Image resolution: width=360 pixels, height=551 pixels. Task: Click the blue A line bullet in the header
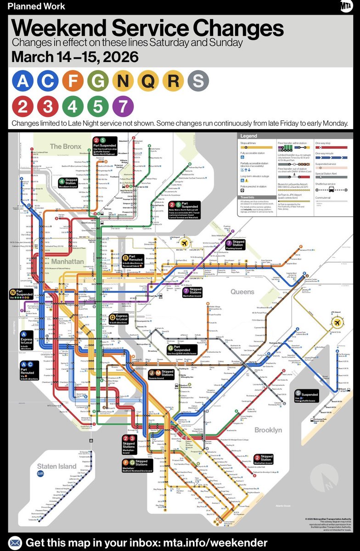(x=22, y=82)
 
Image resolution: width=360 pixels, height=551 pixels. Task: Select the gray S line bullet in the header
(x=198, y=82)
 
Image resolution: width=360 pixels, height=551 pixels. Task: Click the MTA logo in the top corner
(x=346, y=7)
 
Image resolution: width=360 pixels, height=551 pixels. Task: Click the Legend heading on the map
(x=249, y=136)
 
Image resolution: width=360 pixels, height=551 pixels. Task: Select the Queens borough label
(x=242, y=292)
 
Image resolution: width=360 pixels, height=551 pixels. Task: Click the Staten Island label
(x=57, y=466)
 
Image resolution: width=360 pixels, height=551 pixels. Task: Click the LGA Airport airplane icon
(x=185, y=242)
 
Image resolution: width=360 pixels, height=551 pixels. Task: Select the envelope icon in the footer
(x=15, y=542)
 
